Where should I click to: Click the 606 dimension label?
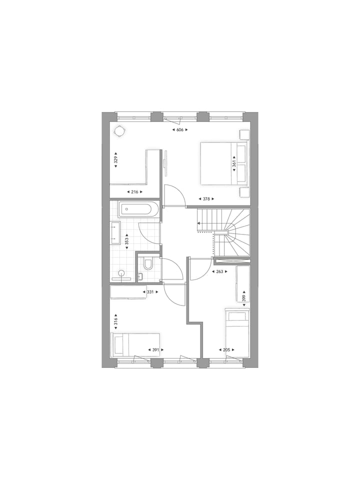tap(179, 130)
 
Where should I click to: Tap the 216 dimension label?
tap(134, 192)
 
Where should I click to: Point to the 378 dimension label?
tap(206, 199)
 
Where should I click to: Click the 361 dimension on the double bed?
tap(233, 163)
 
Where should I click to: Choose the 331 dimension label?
tap(150, 292)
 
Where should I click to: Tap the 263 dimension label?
tap(219, 272)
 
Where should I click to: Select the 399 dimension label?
tap(243, 298)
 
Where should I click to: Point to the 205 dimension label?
tap(226, 350)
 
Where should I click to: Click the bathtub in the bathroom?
tap(138, 209)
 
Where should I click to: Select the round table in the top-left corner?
tap(120, 131)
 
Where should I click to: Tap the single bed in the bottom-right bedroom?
tap(237, 332)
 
